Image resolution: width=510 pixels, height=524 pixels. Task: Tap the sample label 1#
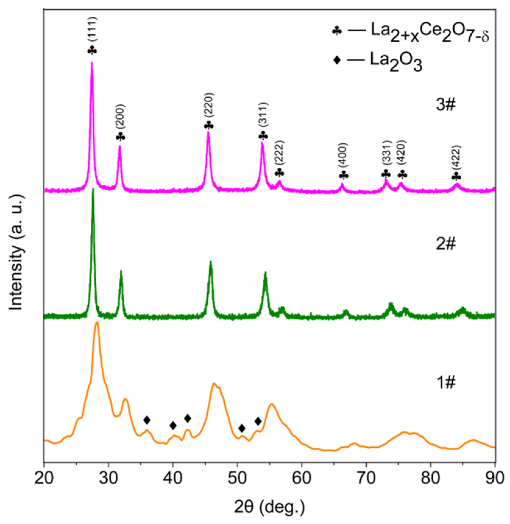click(445, 383)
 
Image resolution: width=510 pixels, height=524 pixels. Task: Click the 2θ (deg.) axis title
click(269, 507)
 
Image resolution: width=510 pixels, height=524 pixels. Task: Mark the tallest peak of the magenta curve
click(92, 63)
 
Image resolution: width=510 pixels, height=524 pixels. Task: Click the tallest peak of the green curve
click(93, 190)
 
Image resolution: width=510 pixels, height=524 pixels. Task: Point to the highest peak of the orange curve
click(97, 322)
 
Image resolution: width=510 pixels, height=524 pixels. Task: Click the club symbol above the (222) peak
click(280, 173)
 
